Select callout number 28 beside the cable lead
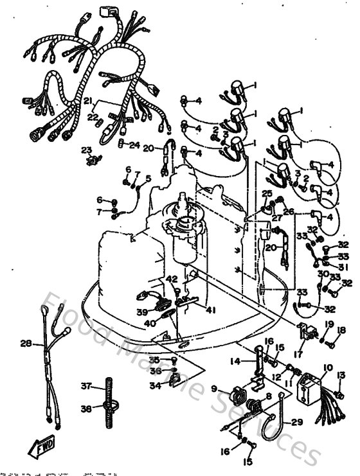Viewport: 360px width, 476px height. point(26,344)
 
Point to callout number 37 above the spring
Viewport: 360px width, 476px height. point(85,386)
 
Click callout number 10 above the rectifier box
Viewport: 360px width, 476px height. point(328,369)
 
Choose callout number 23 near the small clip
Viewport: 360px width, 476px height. point(85,150)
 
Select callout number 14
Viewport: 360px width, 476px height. point(235,362)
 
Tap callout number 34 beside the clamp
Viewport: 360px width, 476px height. point(154,386)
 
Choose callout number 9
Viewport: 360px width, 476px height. point(215,389)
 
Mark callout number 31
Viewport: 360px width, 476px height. point(343,267)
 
